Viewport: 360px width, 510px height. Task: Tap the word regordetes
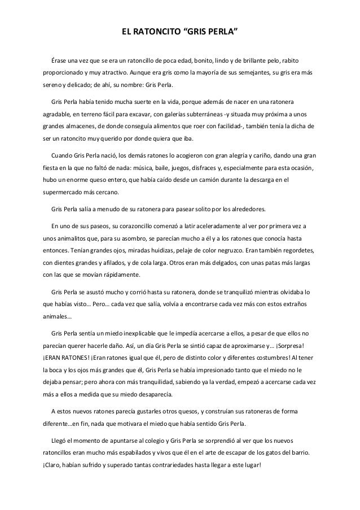(296, 250)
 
